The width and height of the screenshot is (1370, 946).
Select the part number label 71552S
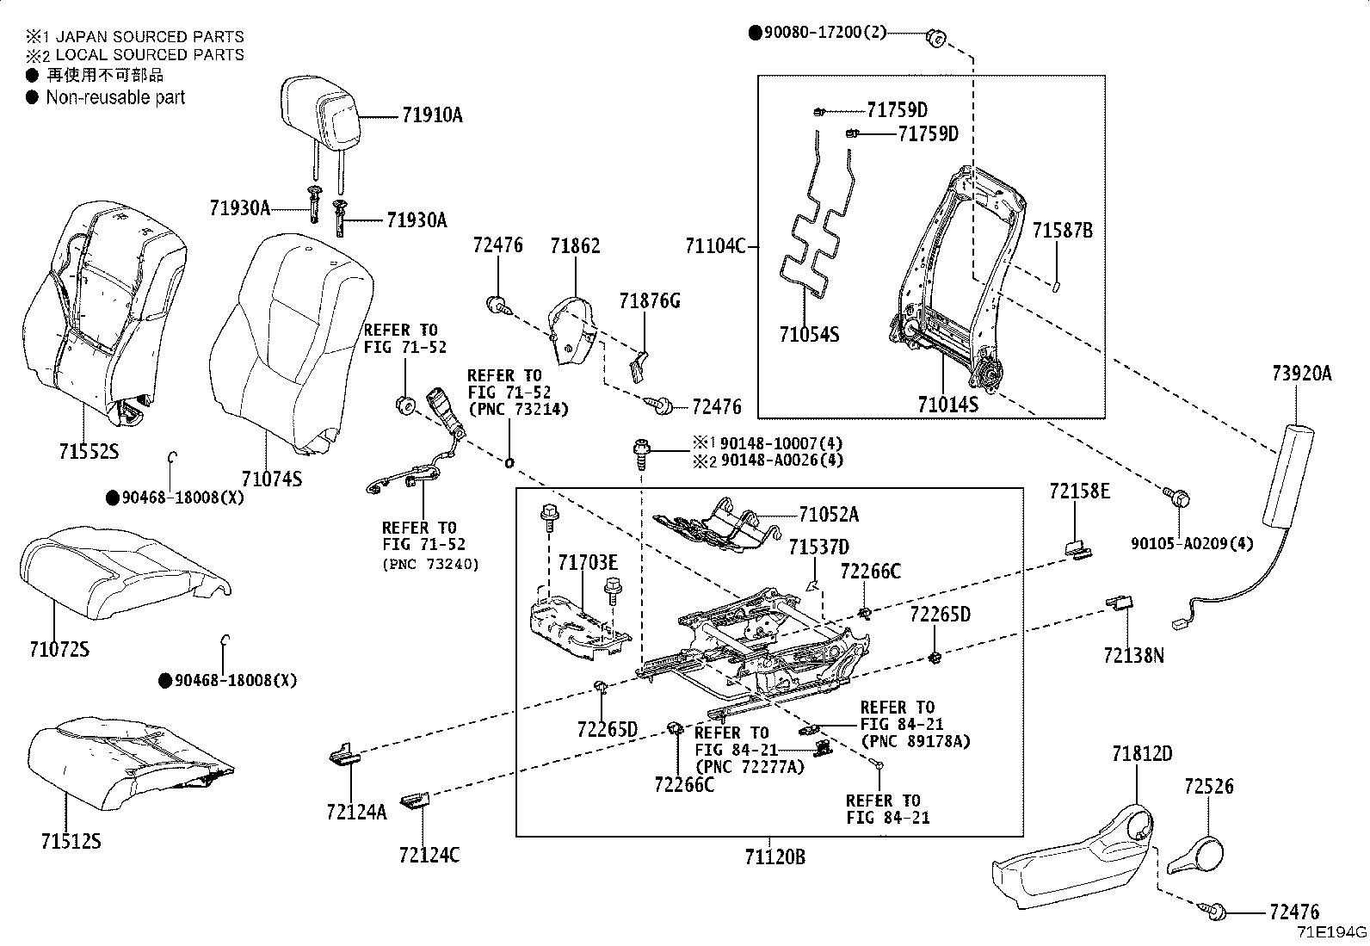coord(89,451)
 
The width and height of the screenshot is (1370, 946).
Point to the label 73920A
coord(1301,373)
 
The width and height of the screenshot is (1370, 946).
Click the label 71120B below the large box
coord(774,856)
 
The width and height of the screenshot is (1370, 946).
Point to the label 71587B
coord(1062,231)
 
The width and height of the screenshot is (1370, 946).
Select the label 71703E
coord(587,563)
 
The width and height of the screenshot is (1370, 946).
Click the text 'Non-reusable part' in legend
coord(115,97)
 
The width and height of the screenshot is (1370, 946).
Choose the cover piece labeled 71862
coord(573,331)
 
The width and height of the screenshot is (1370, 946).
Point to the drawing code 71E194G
coord(1332,932)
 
